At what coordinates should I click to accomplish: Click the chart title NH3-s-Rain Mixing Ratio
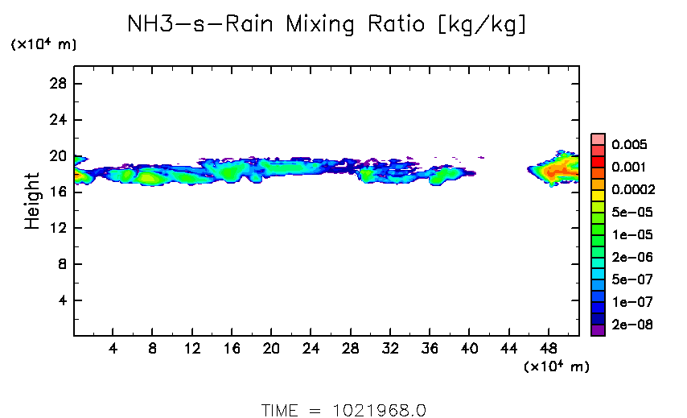(x=327, y=26)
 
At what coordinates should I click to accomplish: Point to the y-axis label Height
(x=32, y=201)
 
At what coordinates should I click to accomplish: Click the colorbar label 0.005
(x=629, y=145)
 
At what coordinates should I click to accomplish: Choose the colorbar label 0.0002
(x=633, y=190)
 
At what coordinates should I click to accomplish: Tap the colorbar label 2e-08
(x=631, y=325)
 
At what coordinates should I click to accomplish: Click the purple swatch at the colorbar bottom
(x=598, y=329)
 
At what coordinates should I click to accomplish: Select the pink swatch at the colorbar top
(x=598, y=139)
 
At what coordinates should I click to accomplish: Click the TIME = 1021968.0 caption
(x=343, y=409)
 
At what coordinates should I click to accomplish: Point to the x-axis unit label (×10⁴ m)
(x=557, y=367)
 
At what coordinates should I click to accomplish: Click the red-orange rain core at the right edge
(x=557, y=171)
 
